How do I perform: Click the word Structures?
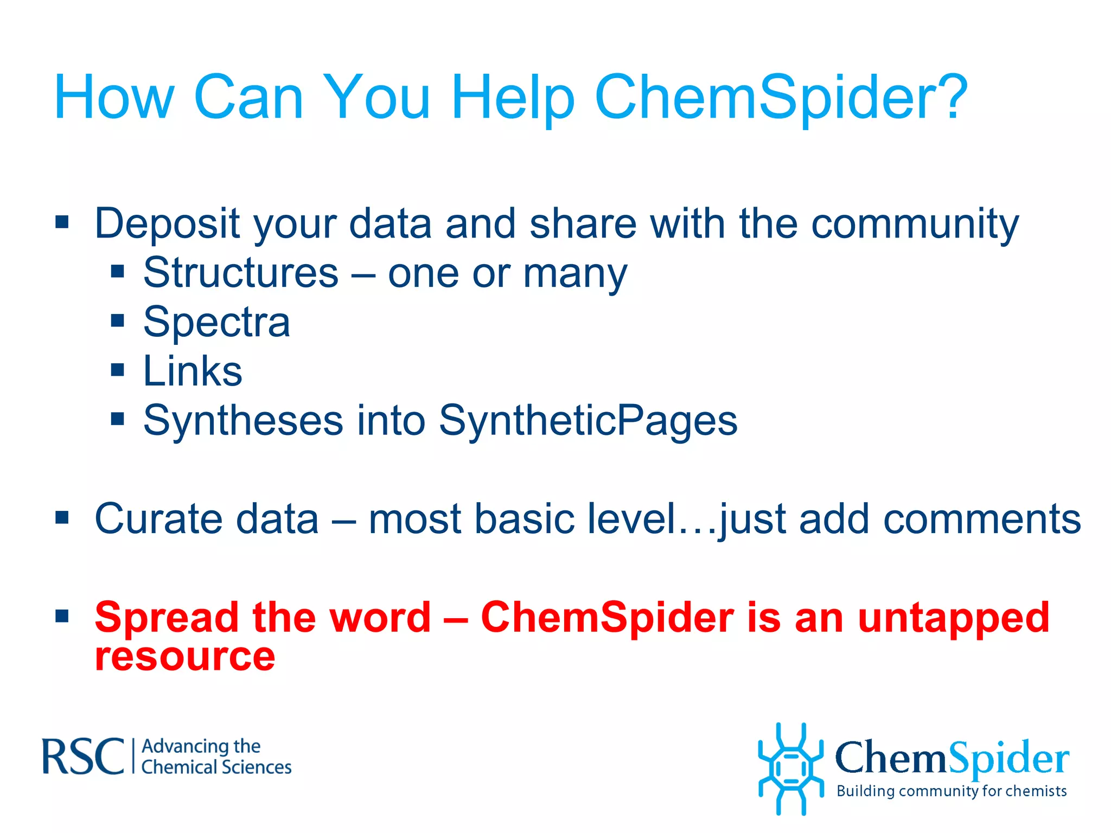click(241, 273)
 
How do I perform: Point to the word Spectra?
click(216, 322)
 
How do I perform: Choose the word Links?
click(193, 371)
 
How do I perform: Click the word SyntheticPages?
click(588, 421)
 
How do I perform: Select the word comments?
click(982, 519)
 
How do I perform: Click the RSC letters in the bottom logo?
click(83, 757)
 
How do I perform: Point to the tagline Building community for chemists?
click(952, 791)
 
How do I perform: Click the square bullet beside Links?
click(118, 370)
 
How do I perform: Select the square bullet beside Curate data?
click(62, 517)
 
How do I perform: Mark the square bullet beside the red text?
click(62, 616)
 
